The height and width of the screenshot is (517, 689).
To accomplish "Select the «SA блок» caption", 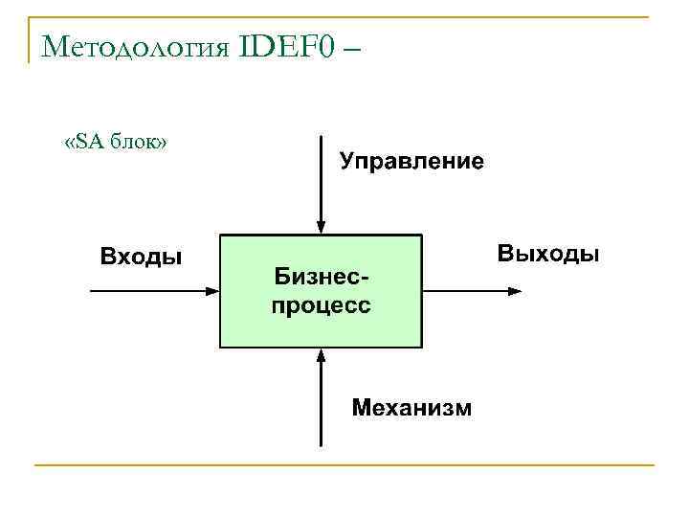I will pos(115,143).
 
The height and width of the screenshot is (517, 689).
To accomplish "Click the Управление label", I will pos(411,160).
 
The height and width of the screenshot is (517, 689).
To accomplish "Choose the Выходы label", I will pos(548,255).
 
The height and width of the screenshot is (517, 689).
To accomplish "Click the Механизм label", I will pos(411,408).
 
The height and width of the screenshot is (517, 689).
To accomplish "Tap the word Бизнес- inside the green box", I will pos(321,277).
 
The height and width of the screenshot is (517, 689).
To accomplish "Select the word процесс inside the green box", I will pos(322,305).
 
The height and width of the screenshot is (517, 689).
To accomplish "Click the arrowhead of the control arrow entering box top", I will pos(322,228).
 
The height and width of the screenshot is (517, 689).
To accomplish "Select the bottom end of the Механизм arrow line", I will pos(322,446).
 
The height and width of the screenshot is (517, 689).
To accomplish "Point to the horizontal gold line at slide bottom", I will pos(344,465).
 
